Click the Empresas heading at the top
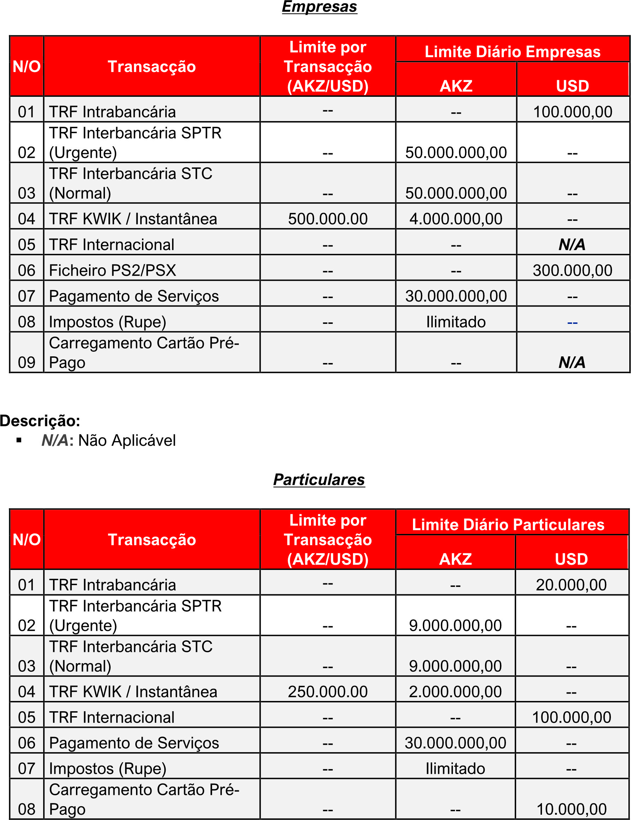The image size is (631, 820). (x=319, y=7)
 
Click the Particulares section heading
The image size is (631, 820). (x=319, y=480)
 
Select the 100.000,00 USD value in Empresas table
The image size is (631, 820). (x=572, y=112)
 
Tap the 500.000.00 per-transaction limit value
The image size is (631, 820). (x=328, y=219)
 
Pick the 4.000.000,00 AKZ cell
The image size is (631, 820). (x=456, y=219)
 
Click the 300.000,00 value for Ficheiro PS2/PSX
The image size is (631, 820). (x=572, y=270)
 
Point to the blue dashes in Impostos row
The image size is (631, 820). (x=572, y=322)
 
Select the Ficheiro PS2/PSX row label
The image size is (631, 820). (x=112, y=270)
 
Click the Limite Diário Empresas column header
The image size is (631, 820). (x=512, y=52)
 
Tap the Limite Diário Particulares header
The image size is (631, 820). (x=508, y=524)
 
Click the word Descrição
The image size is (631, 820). (x=40, y=421)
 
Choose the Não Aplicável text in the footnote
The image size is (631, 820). (x=126, y=440)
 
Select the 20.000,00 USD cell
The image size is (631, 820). (x=571, y=585)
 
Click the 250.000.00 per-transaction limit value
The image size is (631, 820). (x=328, y=691)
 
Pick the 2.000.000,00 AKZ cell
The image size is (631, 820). (x=455, y=691)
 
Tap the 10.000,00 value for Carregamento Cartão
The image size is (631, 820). (x=571, y=809)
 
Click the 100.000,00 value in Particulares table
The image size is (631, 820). (x=571, y=717)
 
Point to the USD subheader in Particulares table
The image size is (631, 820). (x=571, y=559)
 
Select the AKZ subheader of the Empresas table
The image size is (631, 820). (x=456, y=86)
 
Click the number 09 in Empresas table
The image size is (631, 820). (x=26, y=362)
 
